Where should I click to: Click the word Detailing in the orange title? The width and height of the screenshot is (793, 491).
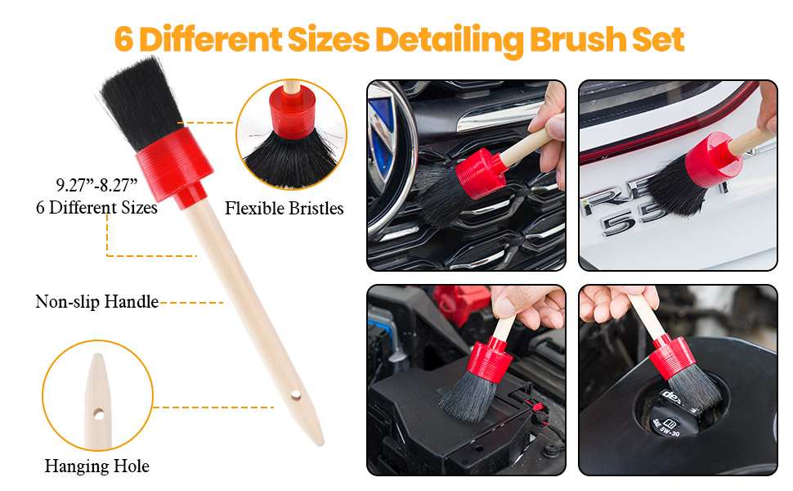click(449, 40)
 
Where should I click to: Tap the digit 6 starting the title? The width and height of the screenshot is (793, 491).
click(124, 39)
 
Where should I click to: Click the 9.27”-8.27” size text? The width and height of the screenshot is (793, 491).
click(96, 185)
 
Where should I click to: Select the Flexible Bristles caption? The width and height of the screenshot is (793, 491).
click(284, 208)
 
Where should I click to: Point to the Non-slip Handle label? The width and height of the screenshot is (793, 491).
click(97, 302)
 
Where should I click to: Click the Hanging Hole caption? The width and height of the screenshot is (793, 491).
click(97, 466)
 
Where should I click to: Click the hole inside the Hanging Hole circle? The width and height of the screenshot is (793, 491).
click(99, 415)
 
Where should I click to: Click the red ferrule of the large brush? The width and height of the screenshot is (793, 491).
click(174, 167)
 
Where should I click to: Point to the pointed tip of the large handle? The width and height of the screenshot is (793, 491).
click(320, 444)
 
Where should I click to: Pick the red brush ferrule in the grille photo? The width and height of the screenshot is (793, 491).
click(481, 173)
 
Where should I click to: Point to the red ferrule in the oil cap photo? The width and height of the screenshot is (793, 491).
click(672, 356)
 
